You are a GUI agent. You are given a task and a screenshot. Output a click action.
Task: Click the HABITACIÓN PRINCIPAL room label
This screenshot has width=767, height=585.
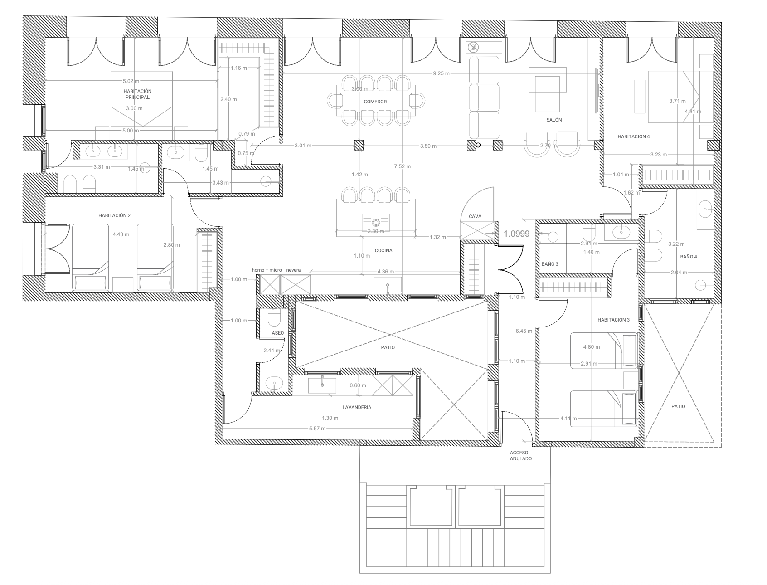[x=137, y=94]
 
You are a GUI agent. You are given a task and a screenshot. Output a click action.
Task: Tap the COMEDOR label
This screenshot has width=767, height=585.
[x=375, y=102]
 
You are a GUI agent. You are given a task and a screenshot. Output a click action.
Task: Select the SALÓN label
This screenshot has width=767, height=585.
[x=554, y=120]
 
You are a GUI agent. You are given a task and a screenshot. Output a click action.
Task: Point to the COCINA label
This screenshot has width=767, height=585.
[x=383, y=250]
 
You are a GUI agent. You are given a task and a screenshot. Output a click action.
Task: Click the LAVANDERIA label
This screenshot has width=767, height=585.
[x=357, y=407]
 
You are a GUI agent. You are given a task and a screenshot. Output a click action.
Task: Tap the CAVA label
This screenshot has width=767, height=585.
[x=475, y=216]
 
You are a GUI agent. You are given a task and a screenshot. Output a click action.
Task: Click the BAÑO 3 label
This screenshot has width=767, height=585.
[x=550, y=264]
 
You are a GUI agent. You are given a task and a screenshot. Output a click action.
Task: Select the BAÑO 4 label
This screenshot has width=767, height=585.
[x=689, y=257]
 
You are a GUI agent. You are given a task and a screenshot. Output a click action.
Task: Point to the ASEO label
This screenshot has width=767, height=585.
[x=278, y=333]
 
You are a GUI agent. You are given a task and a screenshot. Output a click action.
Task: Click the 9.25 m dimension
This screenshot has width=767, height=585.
[x=441, y=73]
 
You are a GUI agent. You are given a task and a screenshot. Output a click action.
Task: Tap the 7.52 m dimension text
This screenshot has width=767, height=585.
[x=403, y=166]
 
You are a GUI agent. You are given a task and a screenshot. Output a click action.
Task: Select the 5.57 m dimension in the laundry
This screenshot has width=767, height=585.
[x=317, y=429]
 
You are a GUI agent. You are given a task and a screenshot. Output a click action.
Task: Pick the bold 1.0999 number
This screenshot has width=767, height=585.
[x=516, y=234]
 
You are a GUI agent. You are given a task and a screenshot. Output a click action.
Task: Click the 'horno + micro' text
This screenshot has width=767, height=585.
[x=267, y=270]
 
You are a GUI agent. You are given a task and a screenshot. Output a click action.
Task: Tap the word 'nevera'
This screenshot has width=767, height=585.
[x=294, y=270]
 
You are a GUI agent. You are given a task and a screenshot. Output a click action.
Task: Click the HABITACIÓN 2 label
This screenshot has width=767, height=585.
[x=114, y=215]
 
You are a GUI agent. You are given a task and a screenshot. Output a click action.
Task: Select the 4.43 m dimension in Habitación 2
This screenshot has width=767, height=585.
[x=121, y=234]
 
